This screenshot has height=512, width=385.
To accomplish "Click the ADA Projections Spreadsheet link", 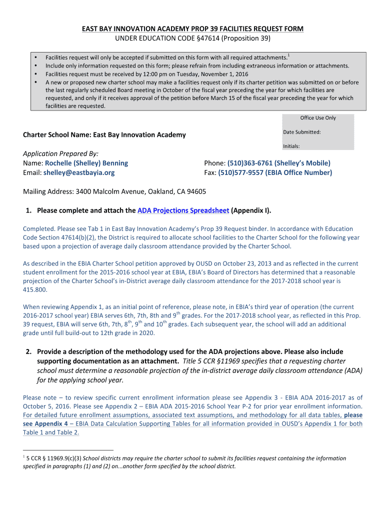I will tap(183, 210).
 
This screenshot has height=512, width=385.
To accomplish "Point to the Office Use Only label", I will tap(318, 118).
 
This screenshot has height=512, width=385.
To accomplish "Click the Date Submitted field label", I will tap(301, 132).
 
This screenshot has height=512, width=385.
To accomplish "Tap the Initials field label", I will tap(291, 146).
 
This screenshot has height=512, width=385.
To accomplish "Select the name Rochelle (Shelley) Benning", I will tap(86, 163).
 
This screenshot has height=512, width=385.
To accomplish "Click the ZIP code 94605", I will tap(195, 191).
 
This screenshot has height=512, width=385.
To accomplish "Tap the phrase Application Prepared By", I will tap(60, 153).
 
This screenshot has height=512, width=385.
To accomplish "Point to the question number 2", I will tap(28, 352).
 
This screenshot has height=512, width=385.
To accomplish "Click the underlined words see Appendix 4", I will tap(45, 423).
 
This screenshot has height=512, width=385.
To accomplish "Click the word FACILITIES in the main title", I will tap(216, 29).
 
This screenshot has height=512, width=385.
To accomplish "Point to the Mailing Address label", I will tap(48, 191).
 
